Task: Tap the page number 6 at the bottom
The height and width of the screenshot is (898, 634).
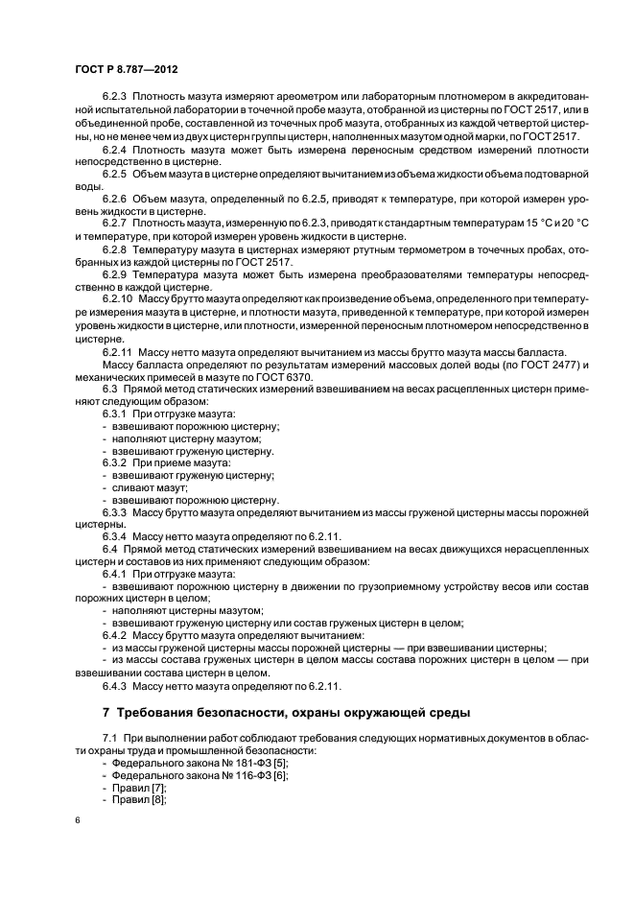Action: (x=77, y=819)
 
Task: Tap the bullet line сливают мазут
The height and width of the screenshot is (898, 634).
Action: (x=145, y=487)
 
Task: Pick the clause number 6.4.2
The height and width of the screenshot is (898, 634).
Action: (x=117, y=635)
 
